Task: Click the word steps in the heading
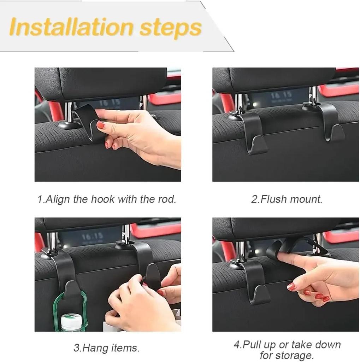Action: [170, 27]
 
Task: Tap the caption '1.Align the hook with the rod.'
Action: [107, 199]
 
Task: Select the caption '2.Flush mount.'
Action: [287, 199]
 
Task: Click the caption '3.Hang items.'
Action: [106, 348]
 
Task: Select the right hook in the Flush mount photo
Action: [330, 122]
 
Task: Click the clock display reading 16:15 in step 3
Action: [93, 236]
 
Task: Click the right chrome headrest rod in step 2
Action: [313, 96]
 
